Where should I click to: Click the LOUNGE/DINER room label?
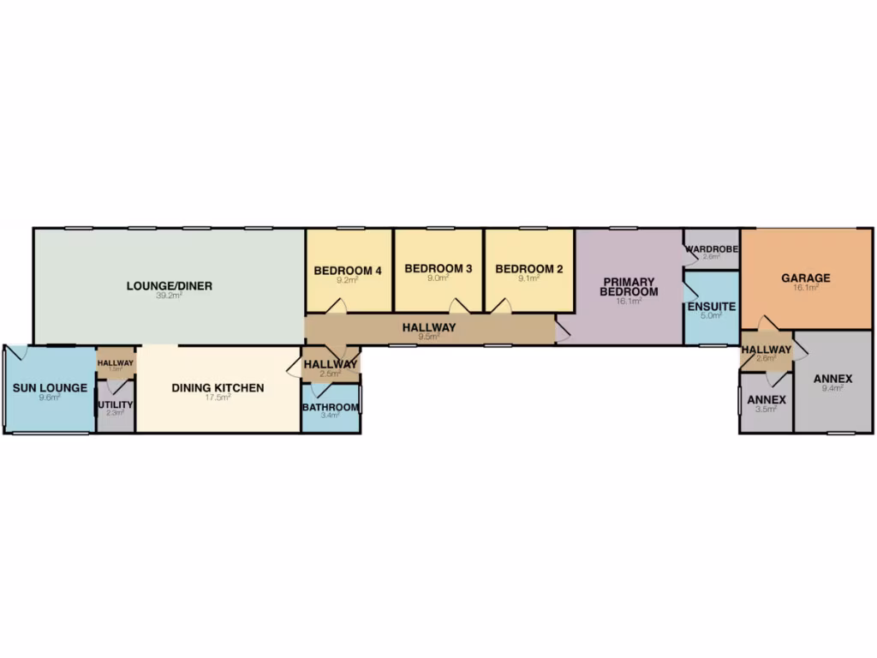[x=169, y=286]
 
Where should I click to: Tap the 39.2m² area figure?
[x=169, y=296]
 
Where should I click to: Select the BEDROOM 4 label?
[x=347, y=270]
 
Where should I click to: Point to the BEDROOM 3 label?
[x=438, y=269]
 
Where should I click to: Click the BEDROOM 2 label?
[x=528, y=270]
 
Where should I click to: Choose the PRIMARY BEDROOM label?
[x=629, y=287]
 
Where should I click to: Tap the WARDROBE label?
[x=712, y=249]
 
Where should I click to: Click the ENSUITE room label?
[x=711, y=305]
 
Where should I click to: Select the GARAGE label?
[x=805, y=278]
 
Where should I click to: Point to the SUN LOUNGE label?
[x=50, y=388]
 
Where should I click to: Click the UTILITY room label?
[x=115, y=404]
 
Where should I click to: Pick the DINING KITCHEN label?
[x=218, y=388]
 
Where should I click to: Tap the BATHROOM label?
[x=330, y=407]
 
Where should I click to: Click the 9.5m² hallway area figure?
[x=428, y=338]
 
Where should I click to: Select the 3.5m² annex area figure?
[x=766, y=410]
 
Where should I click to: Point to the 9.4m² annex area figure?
[x=832, y=388]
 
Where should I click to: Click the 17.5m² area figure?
[x=218, y=398]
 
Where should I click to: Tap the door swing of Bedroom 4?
[x=339, y=306]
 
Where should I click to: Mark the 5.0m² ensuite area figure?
[x=711, y=315]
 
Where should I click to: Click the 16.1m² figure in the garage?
[x=805, y=289]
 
